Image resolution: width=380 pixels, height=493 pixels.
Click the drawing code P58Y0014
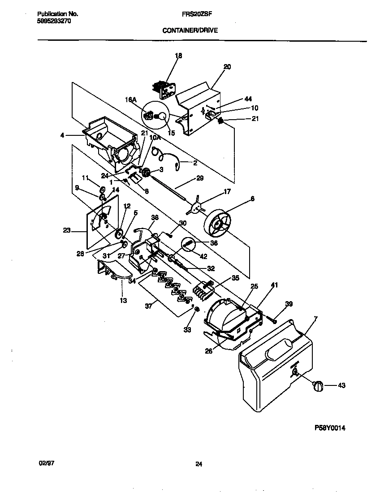coord(329,428)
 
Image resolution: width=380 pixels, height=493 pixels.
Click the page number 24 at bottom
coord(199,465)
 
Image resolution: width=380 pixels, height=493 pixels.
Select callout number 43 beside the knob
coord(341,385)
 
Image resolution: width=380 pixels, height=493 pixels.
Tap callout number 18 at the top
coord(178,56)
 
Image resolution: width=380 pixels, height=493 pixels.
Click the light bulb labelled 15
coord(163,117)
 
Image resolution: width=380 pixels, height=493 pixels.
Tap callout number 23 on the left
coord(67,231)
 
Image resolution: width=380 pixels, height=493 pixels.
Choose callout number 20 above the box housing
coord(227,67)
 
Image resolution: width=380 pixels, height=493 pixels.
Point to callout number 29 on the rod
coord(199,178)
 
